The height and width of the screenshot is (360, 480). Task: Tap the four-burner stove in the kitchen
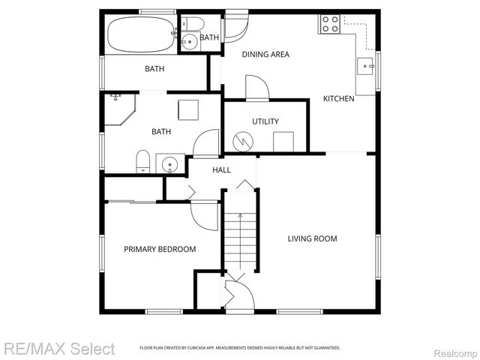pyautogui.click(x=330, y=24)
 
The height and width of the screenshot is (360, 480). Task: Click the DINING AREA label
pyautogui.click(x=265, y=54)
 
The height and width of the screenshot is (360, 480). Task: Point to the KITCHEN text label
pyautogui.click(x=338, y=99)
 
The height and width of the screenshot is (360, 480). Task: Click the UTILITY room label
pyautogui.click(x=265, y=121)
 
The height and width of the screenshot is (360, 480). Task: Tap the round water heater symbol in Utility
pyautogui.click(x=243, y=141)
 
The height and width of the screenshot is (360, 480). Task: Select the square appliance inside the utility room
pyautogui.click(x=283, y=141)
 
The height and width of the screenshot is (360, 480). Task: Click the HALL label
pyautogui.click(x=221, y=170)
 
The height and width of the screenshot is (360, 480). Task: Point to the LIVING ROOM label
pyautogui.click(x=312, y=239)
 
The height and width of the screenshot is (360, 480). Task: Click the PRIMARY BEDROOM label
pyautogui.click(x=160, y=250)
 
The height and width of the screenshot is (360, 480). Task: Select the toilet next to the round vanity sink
pyautogui.click(x=142, y=162)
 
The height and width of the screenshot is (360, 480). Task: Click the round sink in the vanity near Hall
pyautogui.click(x=170, y=163)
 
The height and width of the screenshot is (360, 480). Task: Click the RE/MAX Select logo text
pyautogui.click(x=59, y=349)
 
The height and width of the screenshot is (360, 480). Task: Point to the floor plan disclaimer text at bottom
pyautogui.click(x=240, y=348)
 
